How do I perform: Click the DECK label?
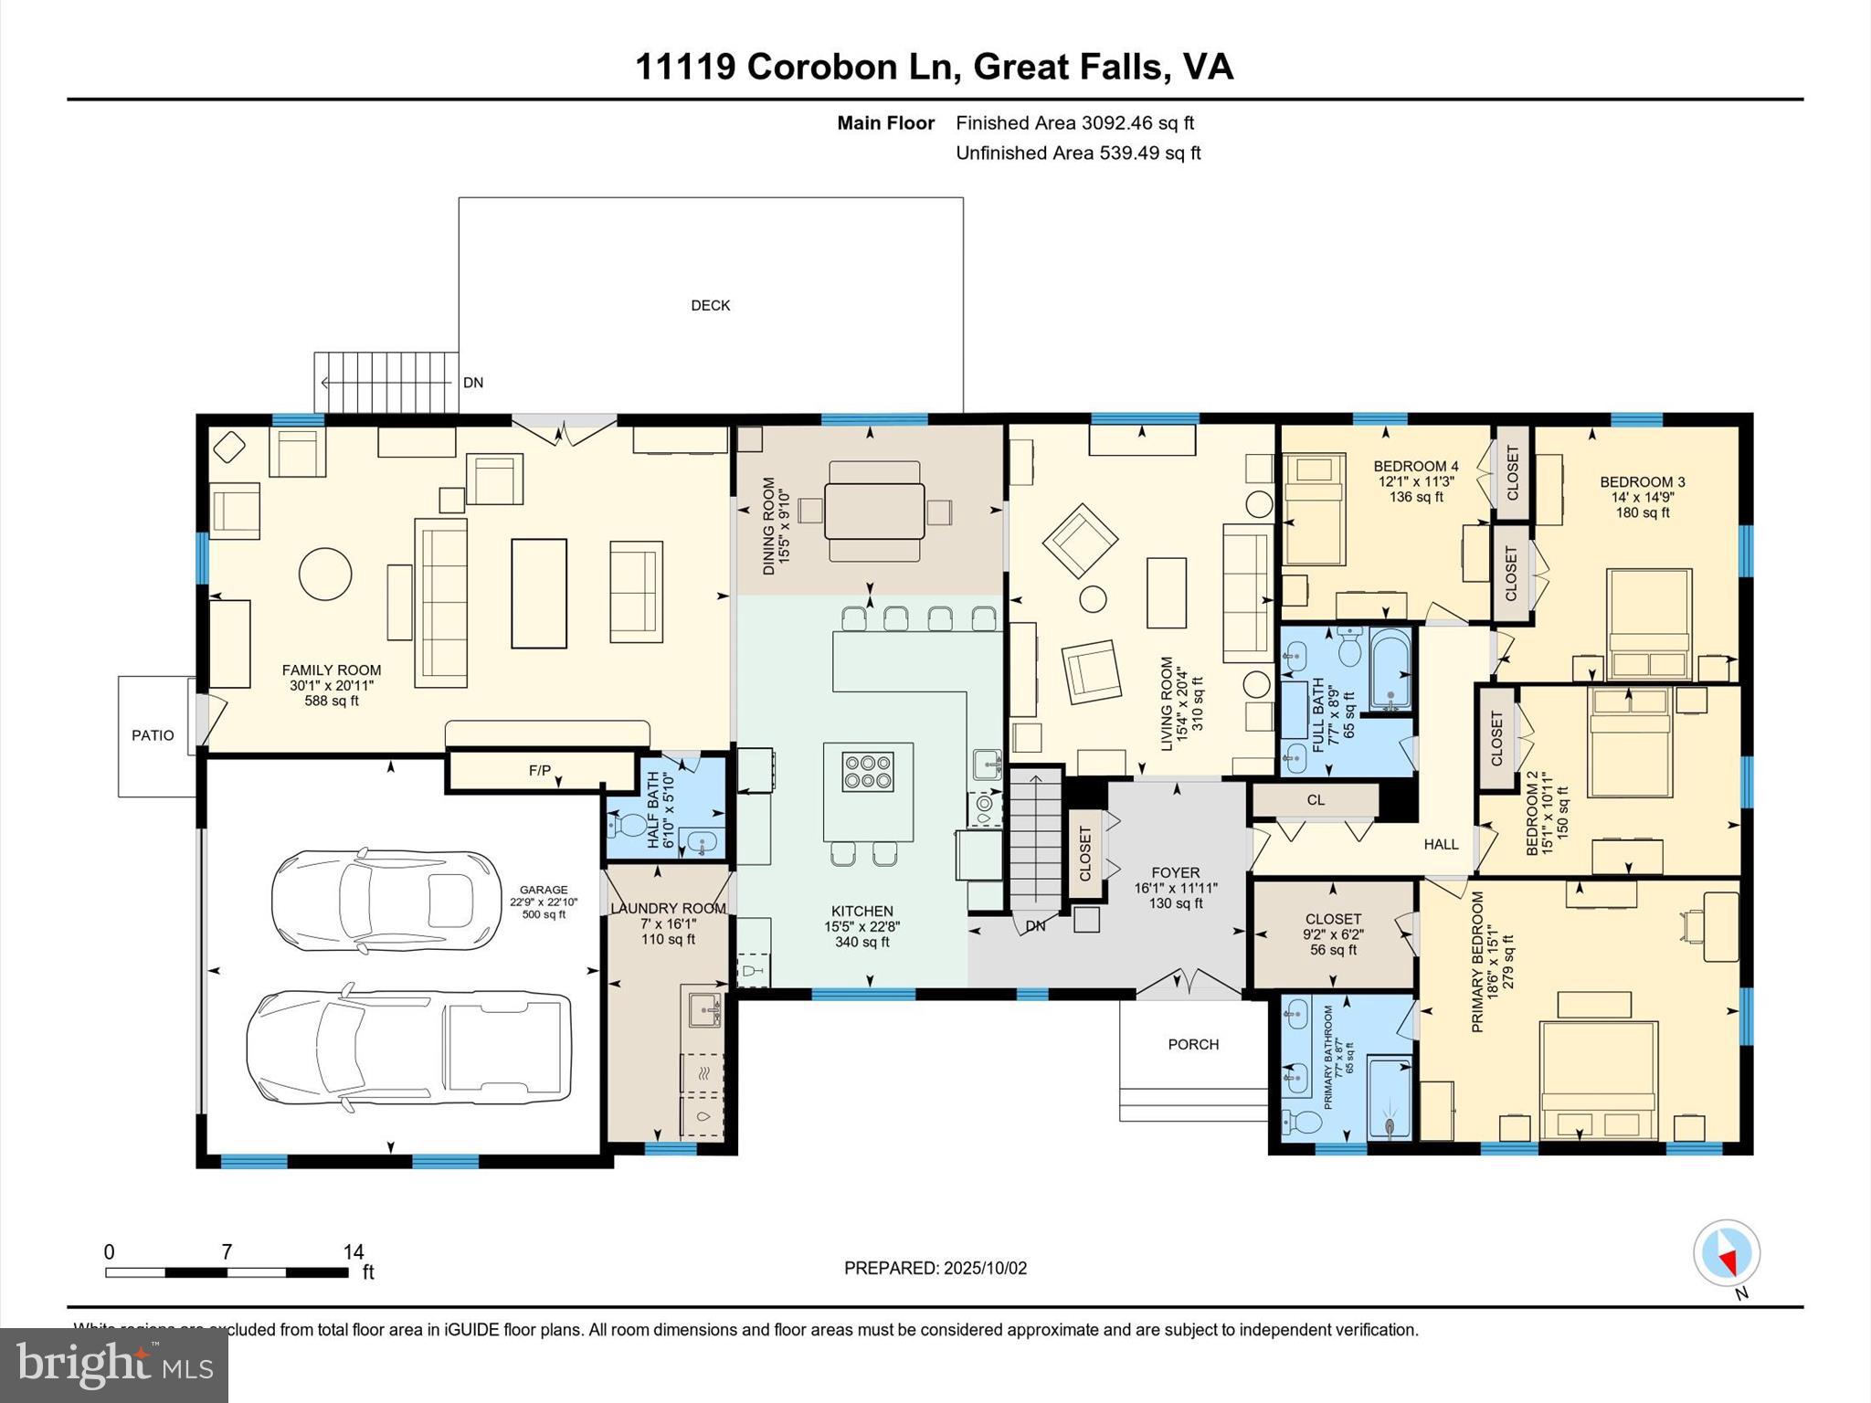click(710, 305)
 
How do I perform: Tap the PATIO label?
click(153, 735)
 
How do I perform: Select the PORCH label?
click(1193, 1044)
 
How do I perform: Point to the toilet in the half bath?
click(628, 826)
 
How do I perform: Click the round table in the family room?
click(325, 574)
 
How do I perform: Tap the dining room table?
click(873, 512)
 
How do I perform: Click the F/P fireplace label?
click(540, 770)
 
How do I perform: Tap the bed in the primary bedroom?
click(1599, 1081)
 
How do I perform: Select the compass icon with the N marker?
click(1726, 1253)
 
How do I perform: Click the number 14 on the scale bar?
click(354, 1252)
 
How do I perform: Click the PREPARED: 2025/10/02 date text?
click(935, 1268)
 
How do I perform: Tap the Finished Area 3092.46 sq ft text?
click(1074, 122)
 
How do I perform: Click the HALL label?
click(1441, 844)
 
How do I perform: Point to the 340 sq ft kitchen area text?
click(862, 942)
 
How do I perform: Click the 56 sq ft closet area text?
click(1333, 950)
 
